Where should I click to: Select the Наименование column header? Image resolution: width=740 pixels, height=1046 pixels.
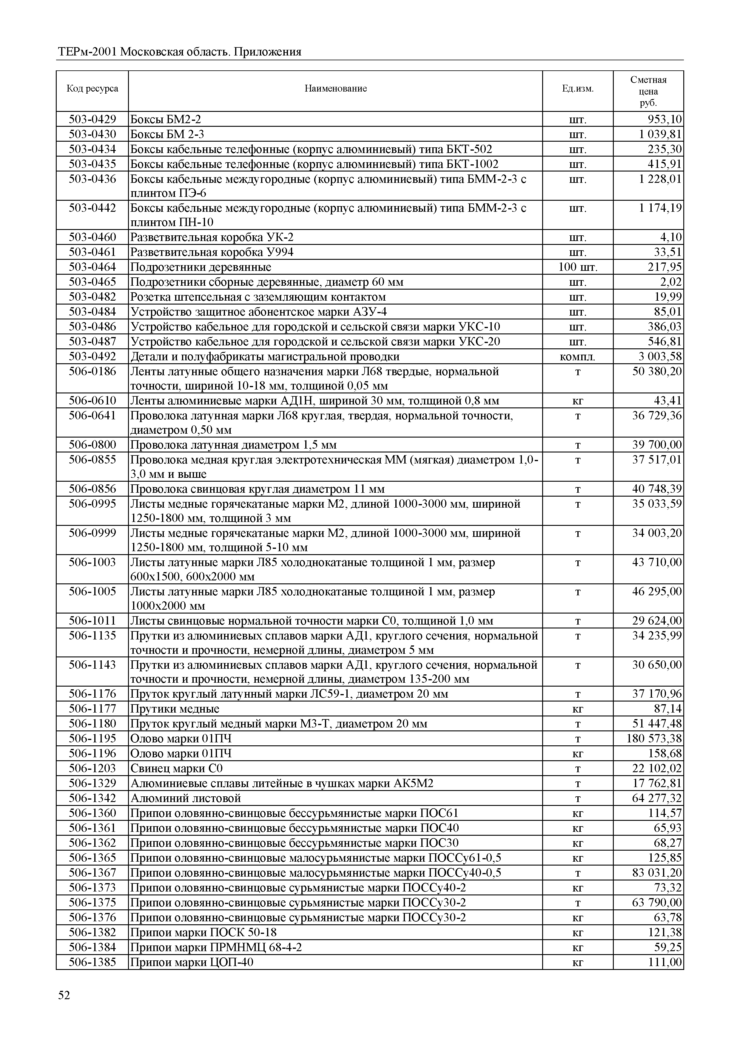pos(335,88)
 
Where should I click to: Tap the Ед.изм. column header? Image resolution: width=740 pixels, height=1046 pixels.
pos(577,88)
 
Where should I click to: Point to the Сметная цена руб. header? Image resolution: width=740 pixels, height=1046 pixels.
pos(648,91)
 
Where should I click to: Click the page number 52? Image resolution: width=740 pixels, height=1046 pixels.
pos(64,995)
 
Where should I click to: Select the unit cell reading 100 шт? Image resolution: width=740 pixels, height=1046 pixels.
pos(577,267)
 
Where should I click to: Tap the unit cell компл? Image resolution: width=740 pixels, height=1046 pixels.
pos(577,357)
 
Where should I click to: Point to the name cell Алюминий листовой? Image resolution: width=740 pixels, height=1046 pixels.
pos(186,798)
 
